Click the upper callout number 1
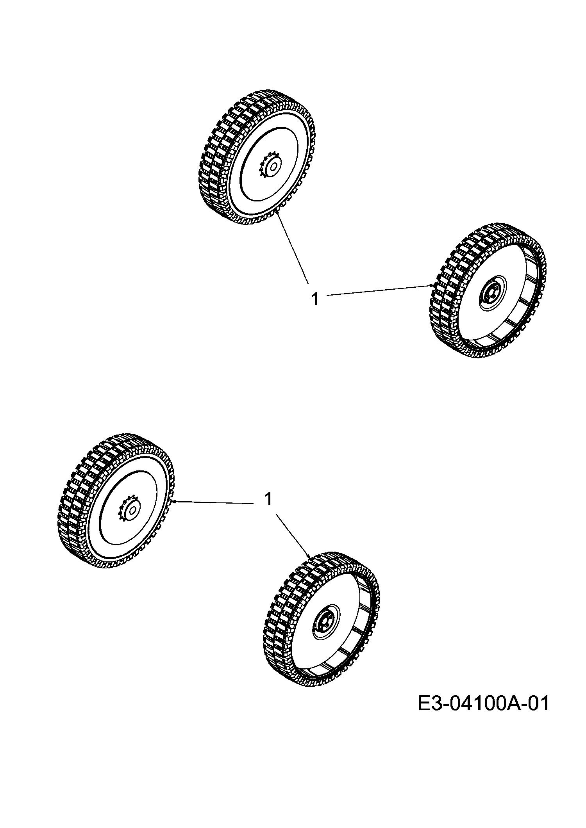[x=314, y=299]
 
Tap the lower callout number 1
[x=268, y=499]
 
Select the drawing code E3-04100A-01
[x=484, y=703]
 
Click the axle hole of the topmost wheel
[x=274, y=167]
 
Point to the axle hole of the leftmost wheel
[x=133, y=510]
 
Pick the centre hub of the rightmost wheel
[x=491, y=293]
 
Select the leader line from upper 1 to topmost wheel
[x=293, y=248]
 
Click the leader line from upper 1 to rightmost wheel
[x=379, y=290]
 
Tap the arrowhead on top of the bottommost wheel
[x=309, y=557]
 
